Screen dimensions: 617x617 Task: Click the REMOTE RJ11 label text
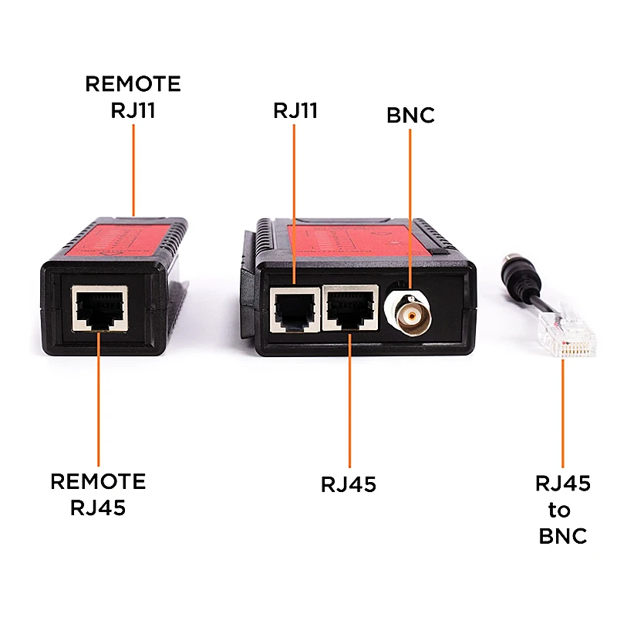[x=133, y=96]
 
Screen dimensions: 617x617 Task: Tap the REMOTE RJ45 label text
[x=98, y=494]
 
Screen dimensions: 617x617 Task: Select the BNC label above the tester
[x=410, y=116]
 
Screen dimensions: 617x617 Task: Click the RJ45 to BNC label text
[x=562, y=509]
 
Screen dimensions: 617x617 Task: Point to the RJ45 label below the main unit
[x=349, y=484]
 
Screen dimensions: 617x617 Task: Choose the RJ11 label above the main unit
[x=295, y=111]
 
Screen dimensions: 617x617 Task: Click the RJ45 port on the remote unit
[x=99, y=309]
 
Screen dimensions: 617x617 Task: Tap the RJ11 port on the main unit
[x=295, y=308]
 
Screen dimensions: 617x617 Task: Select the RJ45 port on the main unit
[x=351, y=308]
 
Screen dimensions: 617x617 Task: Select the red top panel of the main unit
[x=355, y=240]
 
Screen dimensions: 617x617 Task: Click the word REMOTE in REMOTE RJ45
[x=98, y=482]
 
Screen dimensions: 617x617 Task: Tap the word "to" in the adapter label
[x=560, y=510]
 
